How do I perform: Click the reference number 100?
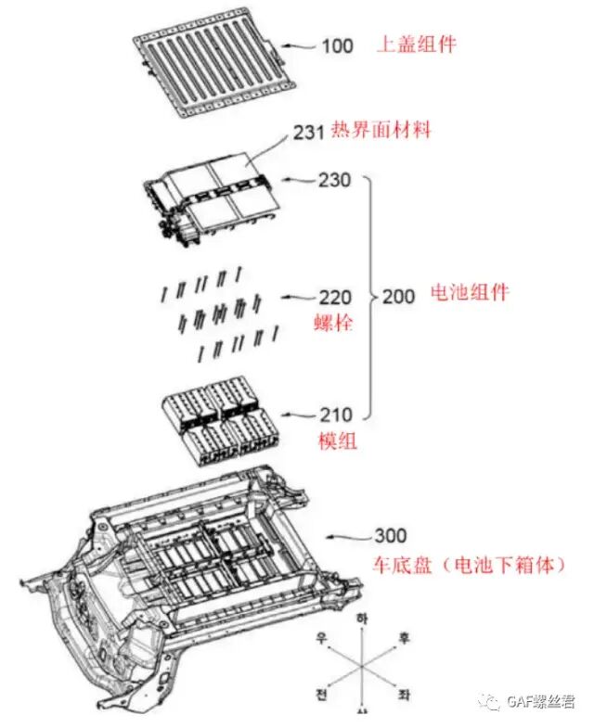point(337,45)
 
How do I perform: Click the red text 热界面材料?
point(380,131)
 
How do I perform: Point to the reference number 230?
point(334,180)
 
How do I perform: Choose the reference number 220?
point(335,297)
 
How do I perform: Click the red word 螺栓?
point(334,324)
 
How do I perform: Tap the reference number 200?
point(400,297)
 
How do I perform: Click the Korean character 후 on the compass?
point(404,638)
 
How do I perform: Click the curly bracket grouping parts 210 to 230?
point(368,297)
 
